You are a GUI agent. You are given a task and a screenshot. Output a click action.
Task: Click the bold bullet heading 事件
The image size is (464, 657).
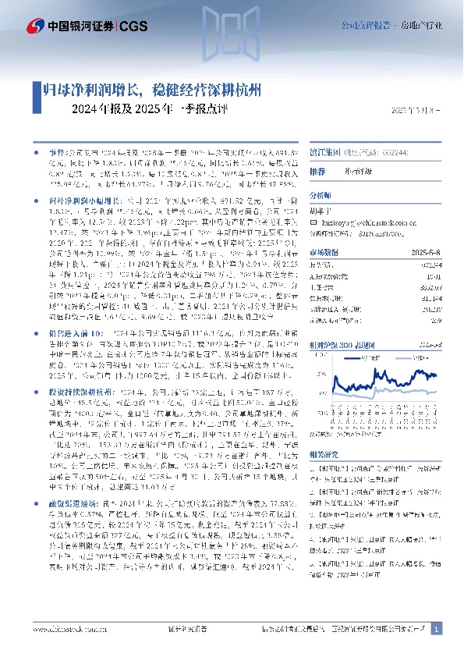click(x=48, y=147)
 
